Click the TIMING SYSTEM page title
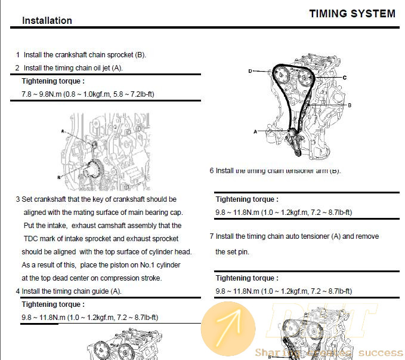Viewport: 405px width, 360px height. tap(352, 14)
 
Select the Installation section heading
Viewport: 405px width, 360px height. tap(47, 20)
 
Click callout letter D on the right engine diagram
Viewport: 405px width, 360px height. tap(251, 71)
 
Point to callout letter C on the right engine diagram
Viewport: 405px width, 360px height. tap(345, 78)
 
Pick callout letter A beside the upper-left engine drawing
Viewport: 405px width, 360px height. tap(62, 130)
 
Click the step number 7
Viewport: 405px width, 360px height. tap(212, 236)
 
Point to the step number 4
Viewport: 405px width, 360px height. tap(17, 291)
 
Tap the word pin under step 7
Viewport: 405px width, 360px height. tap(243, 252)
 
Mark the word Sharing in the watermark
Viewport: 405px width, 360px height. tap(271, 353)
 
